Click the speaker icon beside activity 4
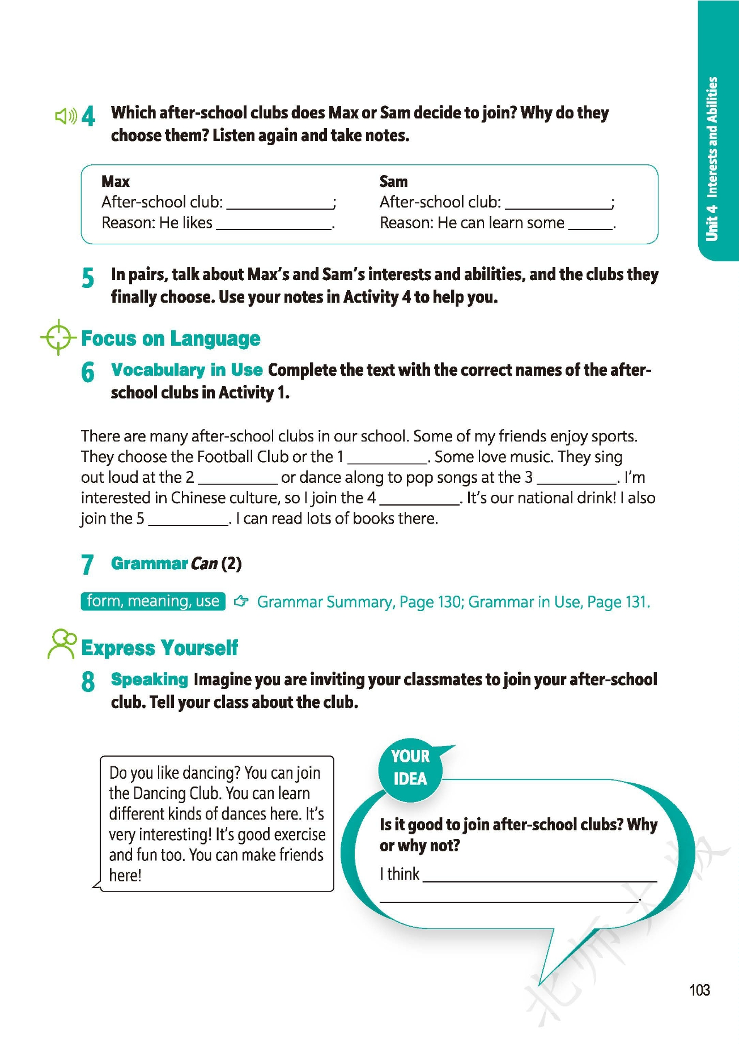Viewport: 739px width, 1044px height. point(66,116)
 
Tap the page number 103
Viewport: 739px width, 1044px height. point(699,990)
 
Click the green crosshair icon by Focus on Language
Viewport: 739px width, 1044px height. point(58,338)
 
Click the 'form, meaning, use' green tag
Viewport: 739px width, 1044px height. point(153,601)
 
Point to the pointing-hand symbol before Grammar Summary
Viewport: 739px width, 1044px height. point(241,601)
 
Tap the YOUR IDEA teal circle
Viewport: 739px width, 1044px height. point(410,768)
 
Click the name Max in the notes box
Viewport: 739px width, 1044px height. point(116,181)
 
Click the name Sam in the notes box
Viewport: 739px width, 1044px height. point(393,181)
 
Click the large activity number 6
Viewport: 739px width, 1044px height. point(88,372)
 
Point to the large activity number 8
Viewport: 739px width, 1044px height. point(88,681)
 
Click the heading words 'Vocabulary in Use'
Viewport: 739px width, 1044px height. point(186,370)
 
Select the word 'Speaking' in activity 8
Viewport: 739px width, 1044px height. point(149,679)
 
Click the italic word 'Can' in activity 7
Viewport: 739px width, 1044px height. point(204,563)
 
